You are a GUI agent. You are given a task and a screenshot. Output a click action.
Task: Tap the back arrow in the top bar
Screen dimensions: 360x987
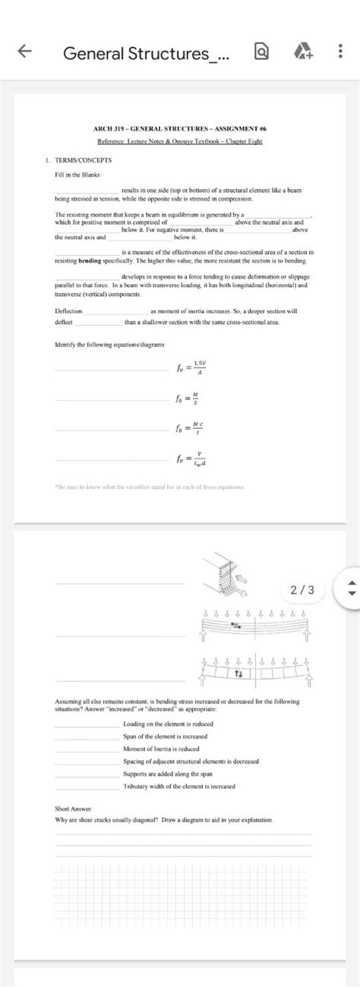click(x=24, y=52)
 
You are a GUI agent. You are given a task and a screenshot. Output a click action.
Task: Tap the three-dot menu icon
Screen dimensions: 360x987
click(x=339, y=52)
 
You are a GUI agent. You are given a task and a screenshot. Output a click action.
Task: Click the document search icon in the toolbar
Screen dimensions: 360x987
click(x=262, y=52)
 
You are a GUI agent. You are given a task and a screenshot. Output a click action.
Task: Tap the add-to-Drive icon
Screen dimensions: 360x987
click(x=302, y=52)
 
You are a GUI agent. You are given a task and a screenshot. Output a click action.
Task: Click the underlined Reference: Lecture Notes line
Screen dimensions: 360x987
click(x=179, y=142)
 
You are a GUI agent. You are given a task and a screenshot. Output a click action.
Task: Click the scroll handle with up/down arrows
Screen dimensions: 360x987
click(x=350, y=589)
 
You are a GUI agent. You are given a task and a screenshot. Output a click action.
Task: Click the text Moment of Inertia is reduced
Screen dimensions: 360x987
click(x=161, y=749)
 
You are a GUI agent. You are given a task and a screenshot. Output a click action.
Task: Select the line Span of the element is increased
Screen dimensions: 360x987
click(x=165, y=736)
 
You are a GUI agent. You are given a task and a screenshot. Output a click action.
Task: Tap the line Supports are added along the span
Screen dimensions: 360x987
click(x=167, y=774)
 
